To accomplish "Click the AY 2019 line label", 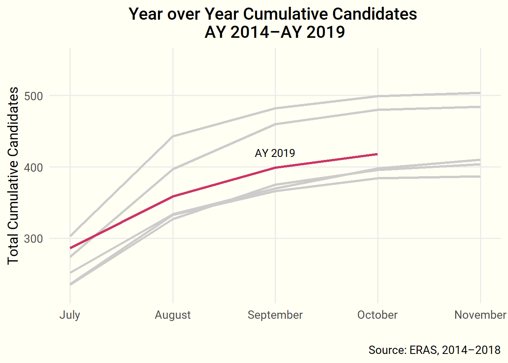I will [275, 153].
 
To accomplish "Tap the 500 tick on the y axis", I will [33, 96].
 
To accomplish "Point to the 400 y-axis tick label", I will [33, 167].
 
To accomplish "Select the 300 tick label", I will [33, 239].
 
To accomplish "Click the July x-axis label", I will [70, 315].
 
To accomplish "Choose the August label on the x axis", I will [173, 315].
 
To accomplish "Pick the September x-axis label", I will [275, 315].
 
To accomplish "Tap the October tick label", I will [378, 315].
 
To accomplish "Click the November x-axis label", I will [480, 315].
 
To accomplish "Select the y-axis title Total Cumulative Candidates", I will [13, 175].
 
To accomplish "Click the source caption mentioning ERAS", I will [434, 350].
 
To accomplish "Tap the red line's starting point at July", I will [70, 248].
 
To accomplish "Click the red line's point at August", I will [173, 196].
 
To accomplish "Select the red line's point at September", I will [275, 168].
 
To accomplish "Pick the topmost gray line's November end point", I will [480, 93].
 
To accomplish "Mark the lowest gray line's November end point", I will [480, 177].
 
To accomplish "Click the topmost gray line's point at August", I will [173, 136].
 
